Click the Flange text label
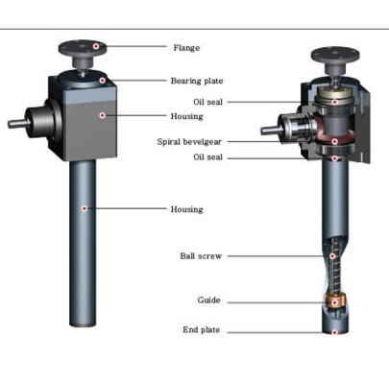click(x=186, y=48)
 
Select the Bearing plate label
click(x=197, y=81)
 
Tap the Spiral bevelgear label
click(x=189, y=141)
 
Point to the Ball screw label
click(x=201, y=256)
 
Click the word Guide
click(x=208, y=300)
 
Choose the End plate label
click(x=202, y=329)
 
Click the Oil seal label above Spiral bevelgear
click(x=207, y=102)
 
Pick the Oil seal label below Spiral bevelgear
click(x=207, y=156)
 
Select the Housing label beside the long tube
click(x=186, y=209)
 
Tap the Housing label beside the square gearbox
click(x=186, y=116)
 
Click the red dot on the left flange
click(x=95, y=46)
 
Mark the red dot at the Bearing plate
click(x=102, y=81)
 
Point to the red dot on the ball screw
click(x=332, y=256)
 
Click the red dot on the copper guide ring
click(x=334, y=302)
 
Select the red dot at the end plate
click(x=334, y=332)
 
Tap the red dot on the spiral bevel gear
click(x=334, y=141)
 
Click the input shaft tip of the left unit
click(x=10, y=124)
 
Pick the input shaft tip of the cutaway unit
click(x=263, y=131)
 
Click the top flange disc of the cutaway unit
click(x=335, y=55)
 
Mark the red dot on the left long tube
click(x=85, y=208)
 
